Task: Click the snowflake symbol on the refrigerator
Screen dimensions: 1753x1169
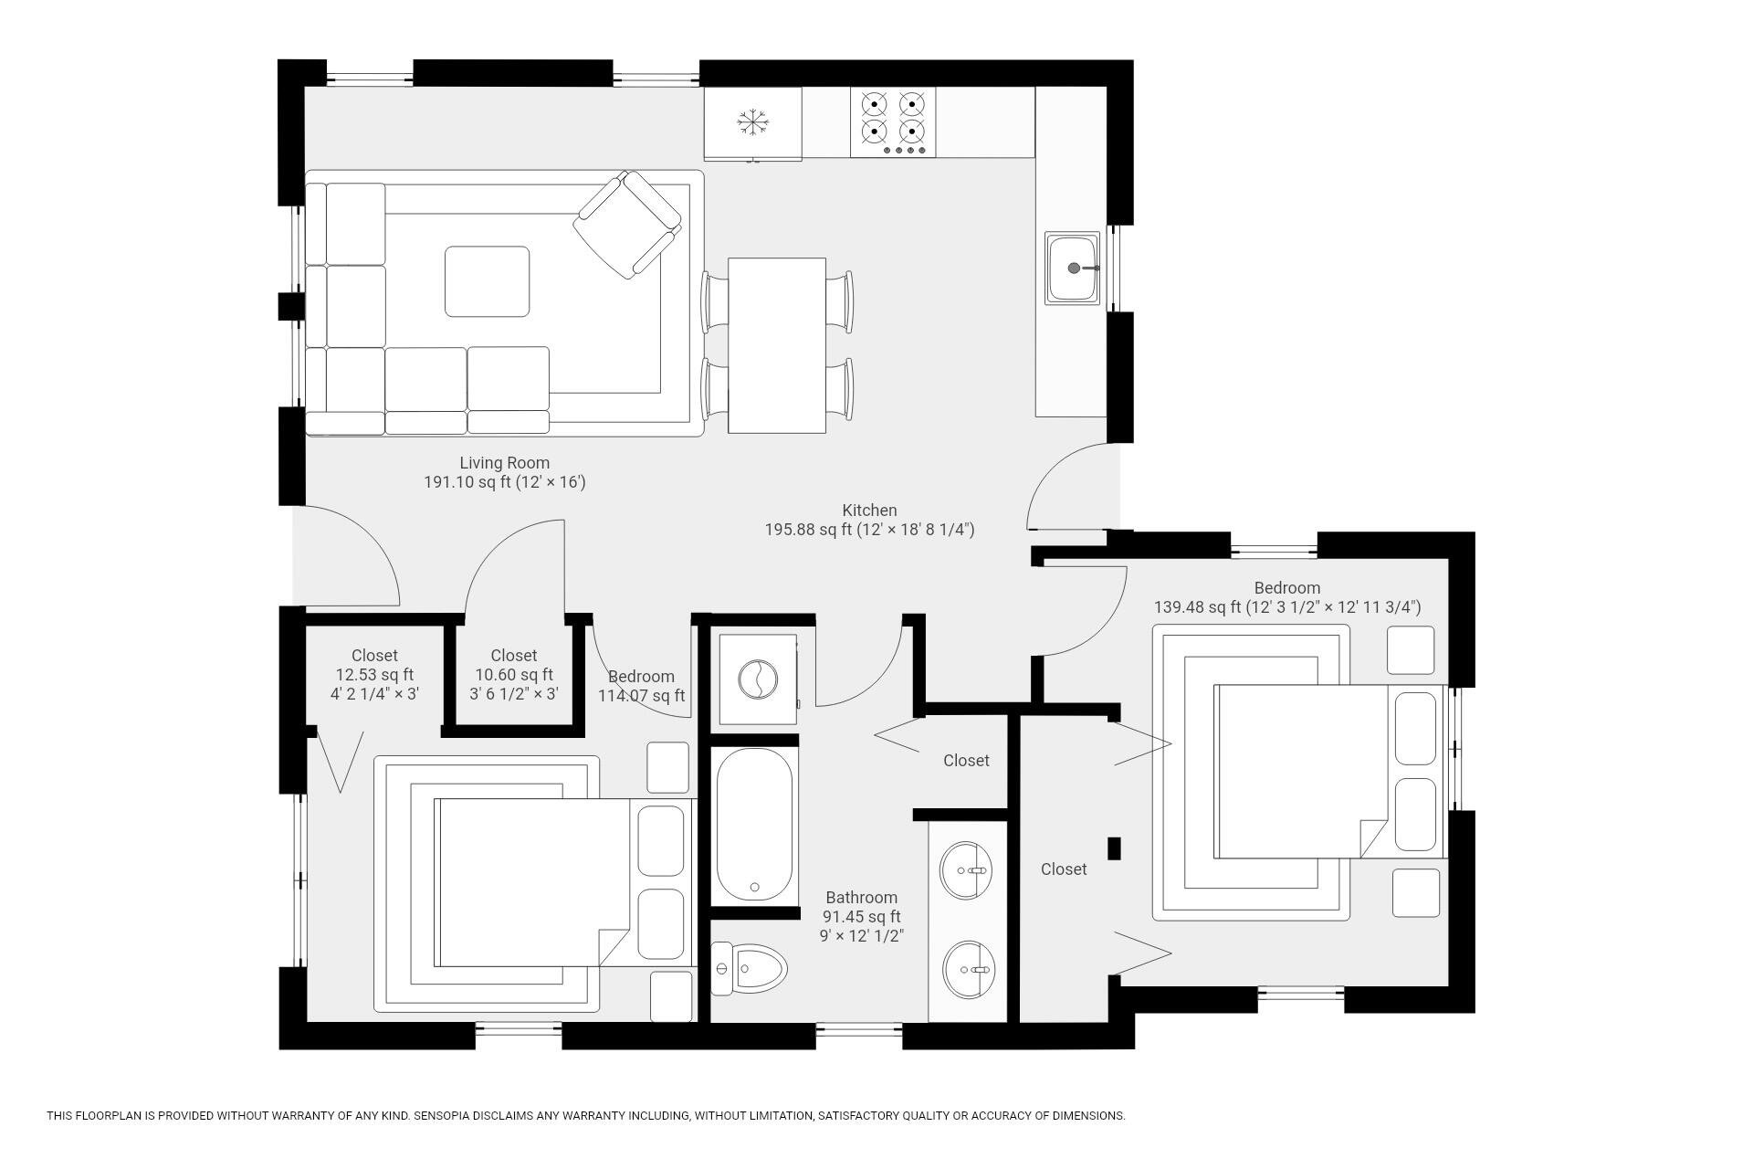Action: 753,122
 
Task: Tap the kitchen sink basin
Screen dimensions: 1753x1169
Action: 1073,269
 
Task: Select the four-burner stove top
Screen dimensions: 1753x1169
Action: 893,122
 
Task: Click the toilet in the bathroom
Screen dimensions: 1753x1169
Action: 749,968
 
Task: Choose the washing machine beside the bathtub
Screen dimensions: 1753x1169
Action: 758,680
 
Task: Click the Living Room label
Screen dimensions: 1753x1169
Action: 504,463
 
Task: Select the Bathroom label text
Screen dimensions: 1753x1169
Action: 862,898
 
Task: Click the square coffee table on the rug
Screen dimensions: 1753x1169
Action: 487,281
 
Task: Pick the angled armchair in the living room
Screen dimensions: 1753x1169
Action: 627,224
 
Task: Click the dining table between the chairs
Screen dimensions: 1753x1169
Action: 777,345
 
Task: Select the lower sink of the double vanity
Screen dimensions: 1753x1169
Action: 968,969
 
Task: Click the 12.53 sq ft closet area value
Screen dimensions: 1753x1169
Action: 374,675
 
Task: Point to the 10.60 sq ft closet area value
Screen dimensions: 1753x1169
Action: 514,675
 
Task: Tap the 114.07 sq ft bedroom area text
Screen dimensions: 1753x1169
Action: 641,696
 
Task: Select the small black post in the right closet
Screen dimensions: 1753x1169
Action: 1114,848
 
